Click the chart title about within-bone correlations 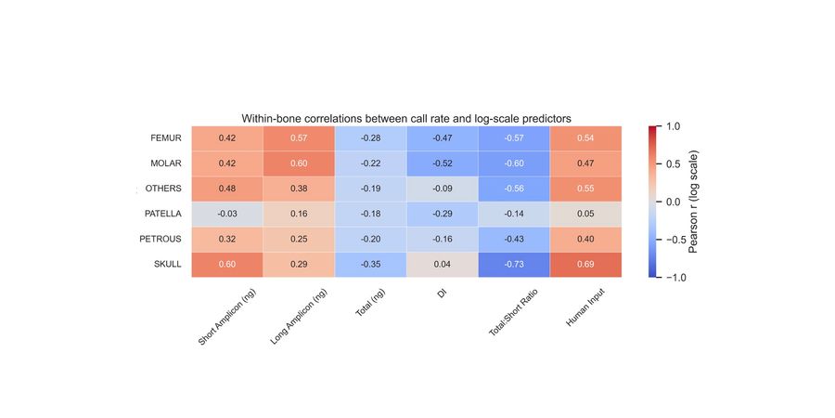[405, 119]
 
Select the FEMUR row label [165, 138]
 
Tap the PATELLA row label [162, 214]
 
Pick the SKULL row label [167, 265]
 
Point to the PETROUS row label [162, 240]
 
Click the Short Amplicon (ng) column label [227, 317]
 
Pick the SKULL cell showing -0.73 [514, 265]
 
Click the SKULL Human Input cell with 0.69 [585, 265]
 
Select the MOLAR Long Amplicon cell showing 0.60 [299, 163]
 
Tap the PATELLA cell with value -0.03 [226, 214]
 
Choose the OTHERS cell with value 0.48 [226, 189]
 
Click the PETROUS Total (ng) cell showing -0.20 [370, 240]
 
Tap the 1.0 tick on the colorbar [674, 126]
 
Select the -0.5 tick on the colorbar [676, 240]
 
